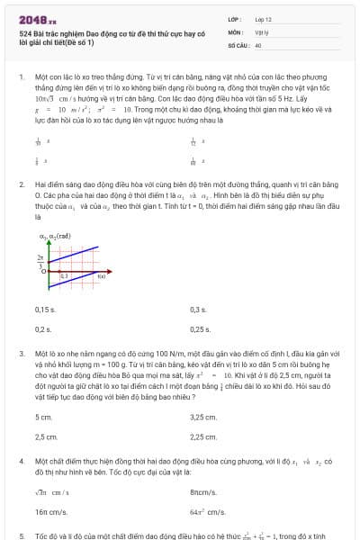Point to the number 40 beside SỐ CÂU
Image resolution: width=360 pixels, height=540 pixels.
258,44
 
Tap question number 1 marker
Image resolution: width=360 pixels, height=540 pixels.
21,77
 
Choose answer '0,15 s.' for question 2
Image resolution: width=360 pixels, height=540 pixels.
45,310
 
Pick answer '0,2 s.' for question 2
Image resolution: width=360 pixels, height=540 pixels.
43,329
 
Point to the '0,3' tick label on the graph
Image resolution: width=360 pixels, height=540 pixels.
63,275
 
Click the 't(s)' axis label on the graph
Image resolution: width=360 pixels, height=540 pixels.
102,275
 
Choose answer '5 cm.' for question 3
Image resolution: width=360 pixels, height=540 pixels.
43,417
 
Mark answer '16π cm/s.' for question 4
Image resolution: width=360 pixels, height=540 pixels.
49,511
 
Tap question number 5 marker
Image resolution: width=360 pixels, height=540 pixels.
21,535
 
